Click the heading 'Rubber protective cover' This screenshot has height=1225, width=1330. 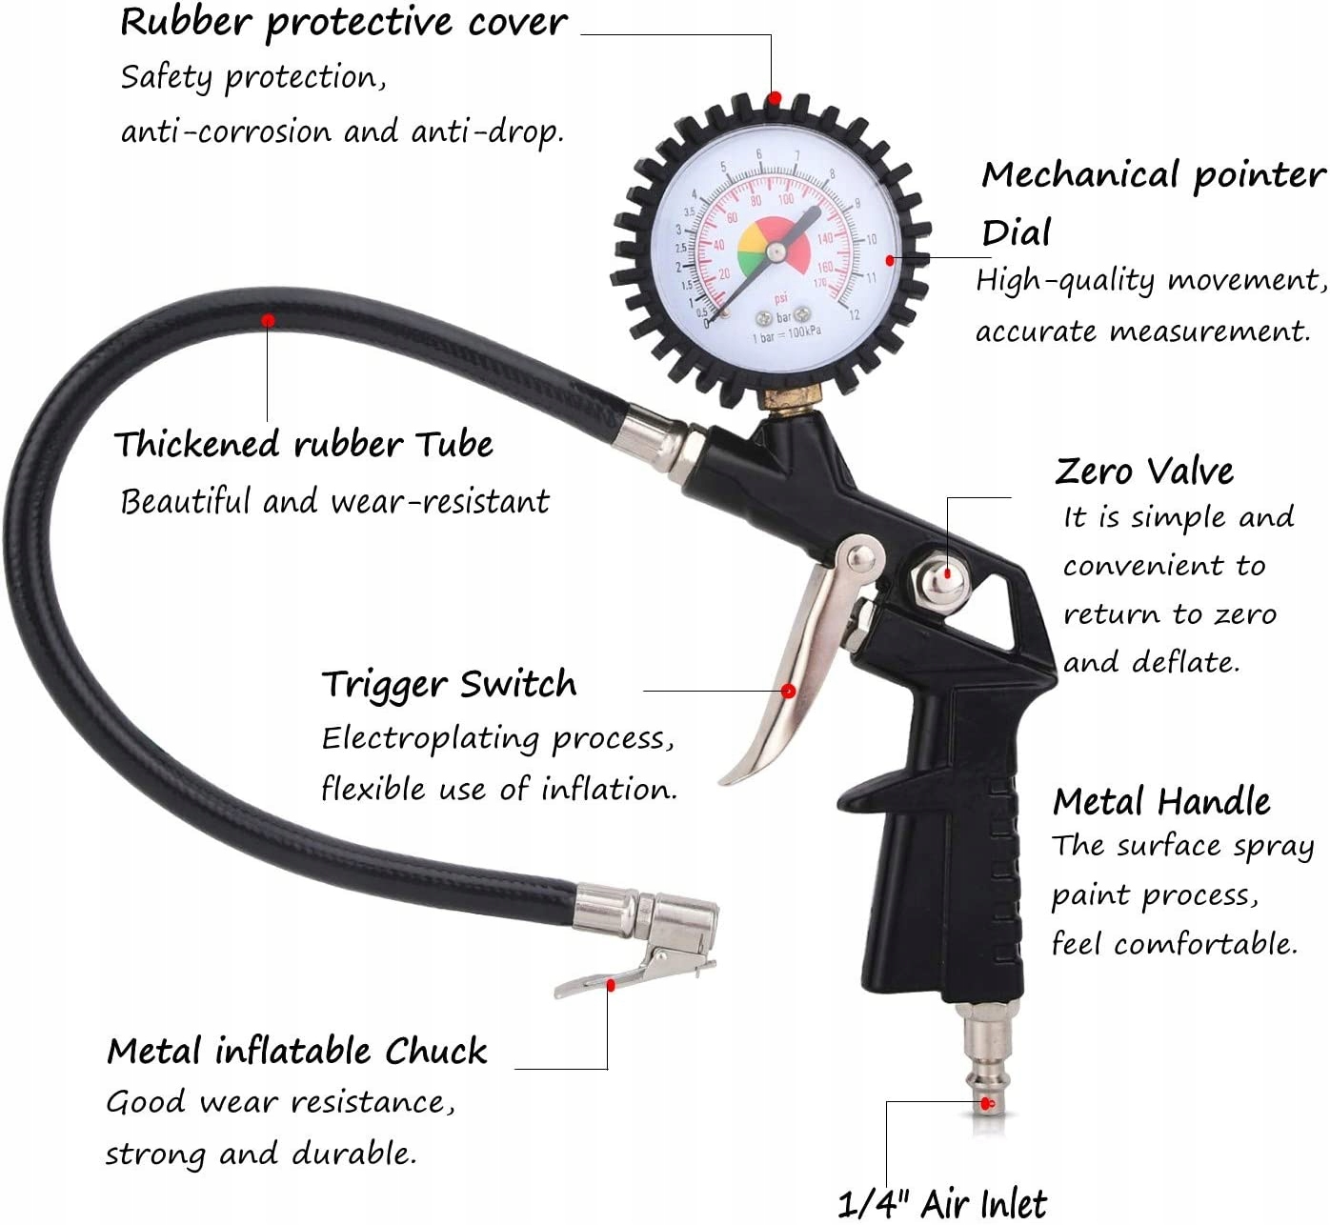343,23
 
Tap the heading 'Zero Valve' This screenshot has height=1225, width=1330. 1144,471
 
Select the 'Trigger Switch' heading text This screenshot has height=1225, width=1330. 449,684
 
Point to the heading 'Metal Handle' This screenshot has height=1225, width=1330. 1161,801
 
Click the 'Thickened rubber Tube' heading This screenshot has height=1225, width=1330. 303,444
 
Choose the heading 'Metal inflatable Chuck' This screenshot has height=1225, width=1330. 296,1051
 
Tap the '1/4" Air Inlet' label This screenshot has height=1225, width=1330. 942,1204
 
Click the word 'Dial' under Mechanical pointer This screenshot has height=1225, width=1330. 1016,232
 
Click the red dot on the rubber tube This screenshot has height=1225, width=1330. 269,320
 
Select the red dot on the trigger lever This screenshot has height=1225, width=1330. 789,691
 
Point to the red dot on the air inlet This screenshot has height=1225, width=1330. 988,1104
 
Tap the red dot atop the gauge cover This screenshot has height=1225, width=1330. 776,98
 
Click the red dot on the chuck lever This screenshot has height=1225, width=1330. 611,985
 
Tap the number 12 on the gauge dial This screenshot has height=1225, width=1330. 853,314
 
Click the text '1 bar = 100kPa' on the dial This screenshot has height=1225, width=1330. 786,332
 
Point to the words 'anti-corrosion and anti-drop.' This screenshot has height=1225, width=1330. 342,131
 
